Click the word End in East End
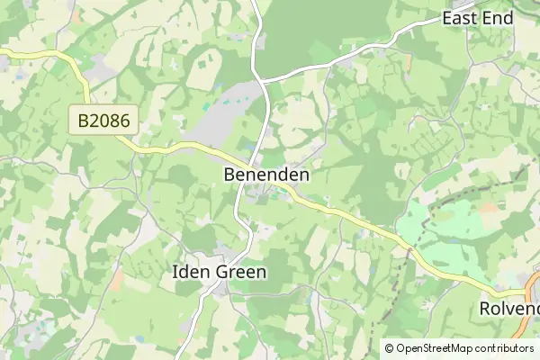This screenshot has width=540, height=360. coord(499,18)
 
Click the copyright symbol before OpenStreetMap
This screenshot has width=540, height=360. coord(390,348)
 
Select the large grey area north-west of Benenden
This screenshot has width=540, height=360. coord(225,112)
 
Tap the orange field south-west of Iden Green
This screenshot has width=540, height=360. coord(117,281)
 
